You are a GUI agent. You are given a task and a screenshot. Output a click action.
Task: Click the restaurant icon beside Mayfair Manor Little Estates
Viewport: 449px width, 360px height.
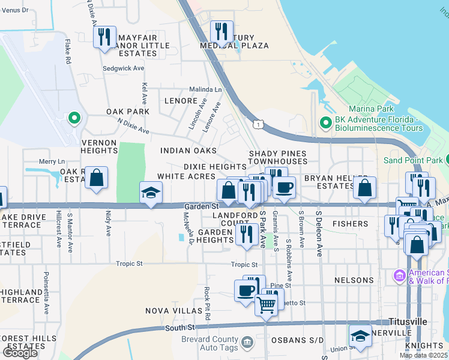(x=105, y=37)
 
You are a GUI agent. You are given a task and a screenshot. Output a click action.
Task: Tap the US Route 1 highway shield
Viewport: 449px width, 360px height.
(x=257, y=124)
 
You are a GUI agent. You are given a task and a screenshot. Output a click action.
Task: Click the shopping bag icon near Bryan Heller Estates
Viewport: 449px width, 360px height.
(x=364, y=188)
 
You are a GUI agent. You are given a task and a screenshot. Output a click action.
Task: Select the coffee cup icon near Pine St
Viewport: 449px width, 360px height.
(x=246, y=291)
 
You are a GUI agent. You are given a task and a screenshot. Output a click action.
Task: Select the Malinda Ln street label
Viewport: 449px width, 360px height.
(x=205, y=89)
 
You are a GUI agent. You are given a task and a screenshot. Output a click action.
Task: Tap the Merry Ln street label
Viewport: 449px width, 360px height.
(x=52, y=161)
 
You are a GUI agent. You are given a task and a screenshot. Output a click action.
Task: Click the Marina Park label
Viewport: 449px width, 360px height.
(x=373, y=109)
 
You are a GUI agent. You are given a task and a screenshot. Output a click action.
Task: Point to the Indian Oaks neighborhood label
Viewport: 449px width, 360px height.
(x=188, y=151)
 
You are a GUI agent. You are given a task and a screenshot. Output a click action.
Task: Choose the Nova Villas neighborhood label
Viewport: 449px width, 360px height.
(x=174, y=311)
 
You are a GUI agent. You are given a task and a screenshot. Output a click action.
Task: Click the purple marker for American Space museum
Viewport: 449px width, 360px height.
(x=399, y=276)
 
